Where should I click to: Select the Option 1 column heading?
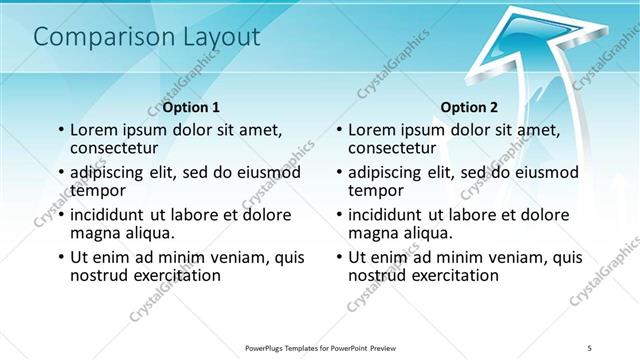click(x=191, y=107)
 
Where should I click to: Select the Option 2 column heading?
click(x=469, y=107)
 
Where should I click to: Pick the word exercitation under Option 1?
click(x=175, y=275)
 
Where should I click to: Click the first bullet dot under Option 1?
click(x=62, y=129)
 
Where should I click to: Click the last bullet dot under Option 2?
click(x=340, y=257)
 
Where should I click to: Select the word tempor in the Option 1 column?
click(x=97, y=189)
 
